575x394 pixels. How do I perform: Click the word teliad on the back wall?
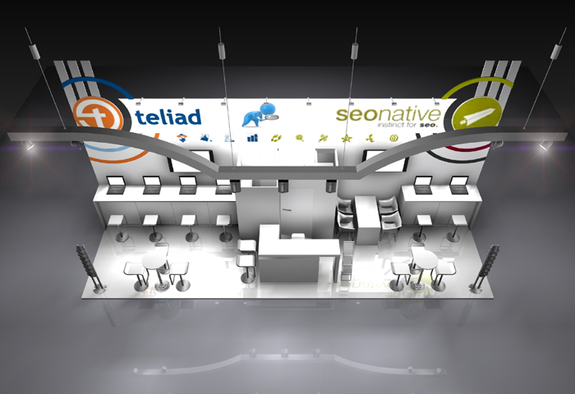(170, 117)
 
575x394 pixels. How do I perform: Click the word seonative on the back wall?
(388, 114)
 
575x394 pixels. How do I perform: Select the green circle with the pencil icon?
(476, 116)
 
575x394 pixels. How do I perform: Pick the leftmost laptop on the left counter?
(116, 183)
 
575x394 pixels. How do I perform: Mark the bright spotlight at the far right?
(545, 145)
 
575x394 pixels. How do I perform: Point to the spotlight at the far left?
(30, 145)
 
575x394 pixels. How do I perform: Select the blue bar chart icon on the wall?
(251, 138)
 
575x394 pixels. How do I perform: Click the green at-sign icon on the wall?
(393, 138)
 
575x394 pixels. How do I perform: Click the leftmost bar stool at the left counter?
(117, 222)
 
